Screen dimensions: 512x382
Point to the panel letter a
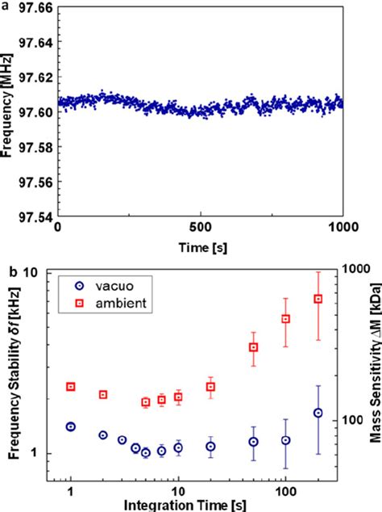coord(5,6)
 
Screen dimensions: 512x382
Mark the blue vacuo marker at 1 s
coord(71,426)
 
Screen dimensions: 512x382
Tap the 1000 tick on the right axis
coord(356,274)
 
